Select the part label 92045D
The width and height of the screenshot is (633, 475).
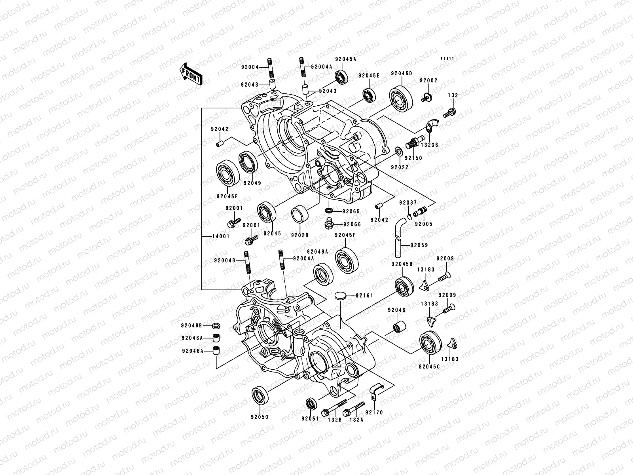point(402,74)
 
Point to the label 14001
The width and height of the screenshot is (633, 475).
point(211,237)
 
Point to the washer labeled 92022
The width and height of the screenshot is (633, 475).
point(399,151)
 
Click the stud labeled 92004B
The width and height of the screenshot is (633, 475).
point(247,262)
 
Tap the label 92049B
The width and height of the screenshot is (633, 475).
point(192,325)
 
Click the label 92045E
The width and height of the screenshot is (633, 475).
point(369,76)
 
